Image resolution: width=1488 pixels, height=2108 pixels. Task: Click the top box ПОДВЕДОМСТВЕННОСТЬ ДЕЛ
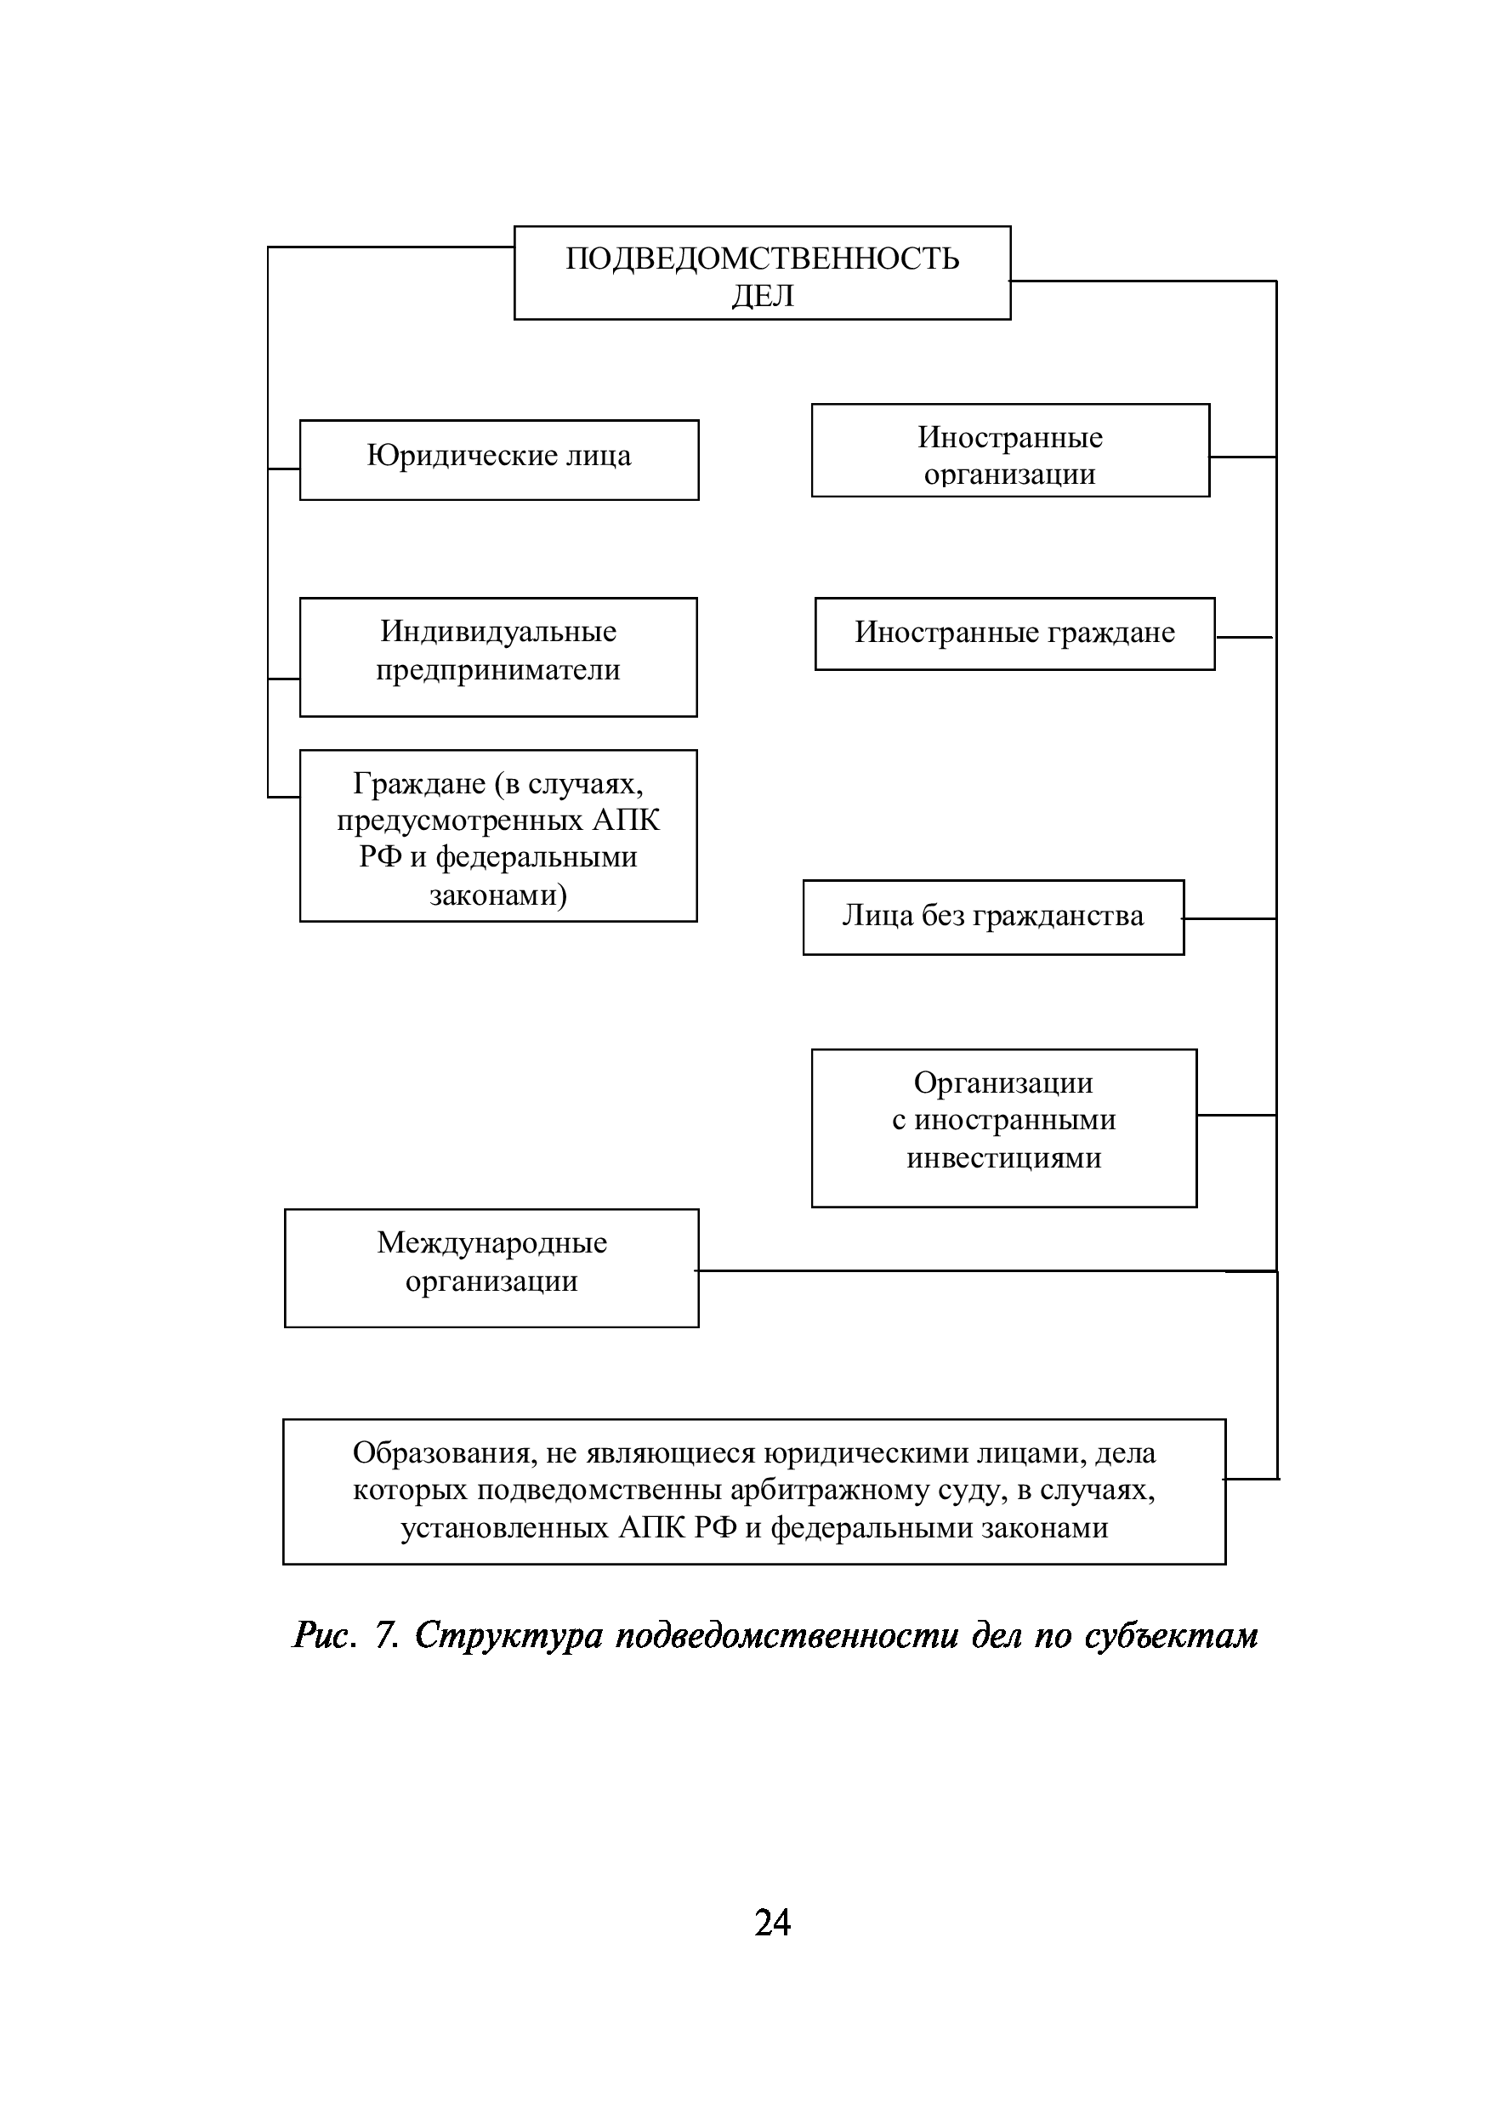(762, 273)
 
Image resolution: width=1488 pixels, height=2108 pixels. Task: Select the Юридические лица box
(498, 459)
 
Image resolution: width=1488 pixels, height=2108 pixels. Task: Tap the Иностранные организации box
(1010, 450)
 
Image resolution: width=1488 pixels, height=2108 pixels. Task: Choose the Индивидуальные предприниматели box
(497, 656)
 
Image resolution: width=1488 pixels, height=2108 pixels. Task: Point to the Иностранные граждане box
(1014, 634)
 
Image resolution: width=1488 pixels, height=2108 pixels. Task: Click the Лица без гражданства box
(993, 918)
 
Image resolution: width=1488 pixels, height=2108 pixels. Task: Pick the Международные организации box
(491, 1267)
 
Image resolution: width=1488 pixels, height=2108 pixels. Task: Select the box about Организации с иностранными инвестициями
(1003, 1128)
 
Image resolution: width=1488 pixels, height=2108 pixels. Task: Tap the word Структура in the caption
(508, 1635)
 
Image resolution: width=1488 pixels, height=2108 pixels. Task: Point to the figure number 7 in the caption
(385, 1635)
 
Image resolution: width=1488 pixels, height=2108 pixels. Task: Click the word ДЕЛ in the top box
(762, 296)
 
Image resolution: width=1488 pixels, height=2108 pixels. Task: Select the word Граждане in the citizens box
(418, 783)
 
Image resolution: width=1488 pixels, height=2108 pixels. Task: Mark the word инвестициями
(1003, 1158)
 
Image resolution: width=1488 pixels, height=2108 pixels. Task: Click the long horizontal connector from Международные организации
(964, 1270)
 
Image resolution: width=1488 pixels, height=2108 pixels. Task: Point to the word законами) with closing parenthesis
(498, 895)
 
